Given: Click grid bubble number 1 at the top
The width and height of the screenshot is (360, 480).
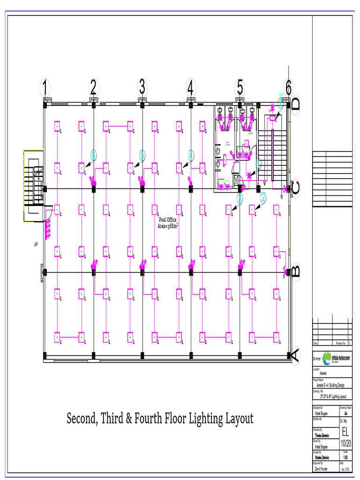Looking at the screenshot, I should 45,88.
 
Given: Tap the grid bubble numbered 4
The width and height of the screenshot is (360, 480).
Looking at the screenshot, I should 190,88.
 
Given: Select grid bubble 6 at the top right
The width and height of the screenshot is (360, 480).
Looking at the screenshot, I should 288,88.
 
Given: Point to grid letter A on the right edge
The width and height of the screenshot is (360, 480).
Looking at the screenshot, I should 295,355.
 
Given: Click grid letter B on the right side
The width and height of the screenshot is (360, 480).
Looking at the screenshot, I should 295,272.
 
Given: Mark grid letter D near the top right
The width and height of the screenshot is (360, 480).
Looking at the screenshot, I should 295,104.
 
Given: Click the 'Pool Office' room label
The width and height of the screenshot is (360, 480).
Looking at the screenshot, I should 168,219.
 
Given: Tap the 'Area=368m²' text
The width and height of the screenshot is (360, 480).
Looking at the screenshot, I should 168,226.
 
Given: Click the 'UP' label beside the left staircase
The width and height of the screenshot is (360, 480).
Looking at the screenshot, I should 36,245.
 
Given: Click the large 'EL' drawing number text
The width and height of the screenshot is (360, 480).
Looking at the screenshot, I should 346,431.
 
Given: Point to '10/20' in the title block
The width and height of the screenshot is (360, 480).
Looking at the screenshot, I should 346,443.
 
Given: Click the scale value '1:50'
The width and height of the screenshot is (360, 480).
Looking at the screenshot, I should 345,457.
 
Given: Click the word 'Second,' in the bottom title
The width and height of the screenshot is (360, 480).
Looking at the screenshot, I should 82,419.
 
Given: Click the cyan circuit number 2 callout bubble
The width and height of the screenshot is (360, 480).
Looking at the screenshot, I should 263,198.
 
